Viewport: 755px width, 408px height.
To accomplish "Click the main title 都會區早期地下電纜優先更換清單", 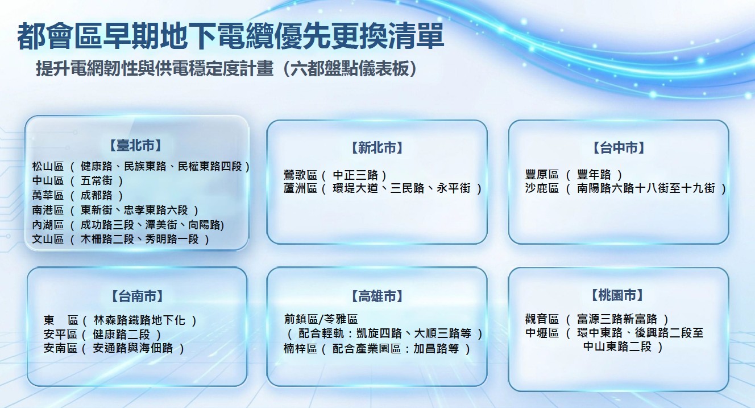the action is (231, 36).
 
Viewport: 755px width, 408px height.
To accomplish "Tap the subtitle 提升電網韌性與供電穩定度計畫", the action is (155, 68).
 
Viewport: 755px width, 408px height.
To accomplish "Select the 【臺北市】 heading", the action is (135, 146).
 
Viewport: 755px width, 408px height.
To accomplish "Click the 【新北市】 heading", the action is (377, 148).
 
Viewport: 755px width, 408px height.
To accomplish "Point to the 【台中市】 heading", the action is (619, 148).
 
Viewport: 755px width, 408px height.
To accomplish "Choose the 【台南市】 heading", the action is (137, 296).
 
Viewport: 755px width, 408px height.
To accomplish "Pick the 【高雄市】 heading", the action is (377, 296).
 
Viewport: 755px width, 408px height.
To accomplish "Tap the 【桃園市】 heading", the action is (617, 295).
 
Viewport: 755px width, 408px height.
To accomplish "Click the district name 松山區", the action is (48, 166).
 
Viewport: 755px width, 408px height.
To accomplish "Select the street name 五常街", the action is (97, 181).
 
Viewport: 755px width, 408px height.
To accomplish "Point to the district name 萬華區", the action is (48, 195).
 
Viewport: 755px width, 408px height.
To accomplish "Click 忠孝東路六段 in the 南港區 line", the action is (156, 210).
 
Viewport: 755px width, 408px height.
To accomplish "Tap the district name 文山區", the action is (48, 239).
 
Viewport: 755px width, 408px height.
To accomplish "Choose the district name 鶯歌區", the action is (300, 175).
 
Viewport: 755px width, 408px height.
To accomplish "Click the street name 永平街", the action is (453, 188).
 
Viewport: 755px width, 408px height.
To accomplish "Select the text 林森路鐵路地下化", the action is (139, 320).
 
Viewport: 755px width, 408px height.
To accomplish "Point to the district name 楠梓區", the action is (300, 349).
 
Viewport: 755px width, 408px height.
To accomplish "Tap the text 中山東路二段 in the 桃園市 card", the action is (617, 347).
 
